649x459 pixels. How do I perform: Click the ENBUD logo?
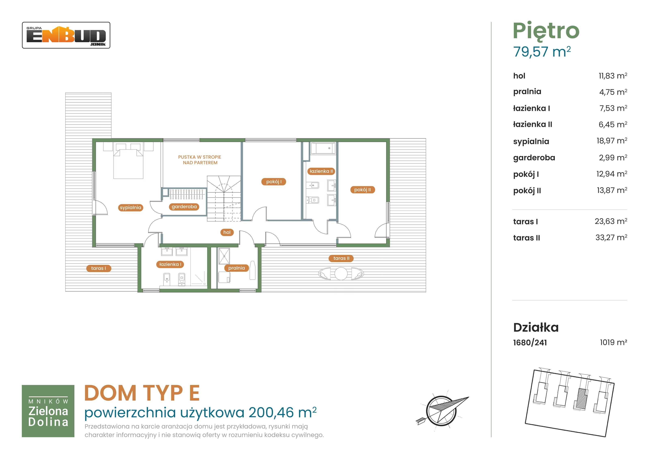(66, 35)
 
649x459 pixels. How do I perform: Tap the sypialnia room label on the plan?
(130, 208)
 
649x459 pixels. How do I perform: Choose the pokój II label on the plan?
(363, 190)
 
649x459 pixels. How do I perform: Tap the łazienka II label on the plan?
(321, 171)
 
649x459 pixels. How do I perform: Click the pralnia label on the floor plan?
(237, 268)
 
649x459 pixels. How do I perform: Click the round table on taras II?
(341, 274)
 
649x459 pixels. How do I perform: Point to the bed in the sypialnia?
(128, 161)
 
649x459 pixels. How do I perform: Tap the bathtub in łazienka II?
(323, 148)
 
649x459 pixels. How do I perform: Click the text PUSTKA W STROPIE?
(200, 157)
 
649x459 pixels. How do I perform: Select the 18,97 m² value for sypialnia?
(612, 141)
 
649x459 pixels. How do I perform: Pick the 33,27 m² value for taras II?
(611, 238)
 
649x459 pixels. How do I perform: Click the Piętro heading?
(546, 31)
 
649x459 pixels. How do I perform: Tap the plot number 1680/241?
(530, 343)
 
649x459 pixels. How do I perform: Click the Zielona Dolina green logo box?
(48, 411)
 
